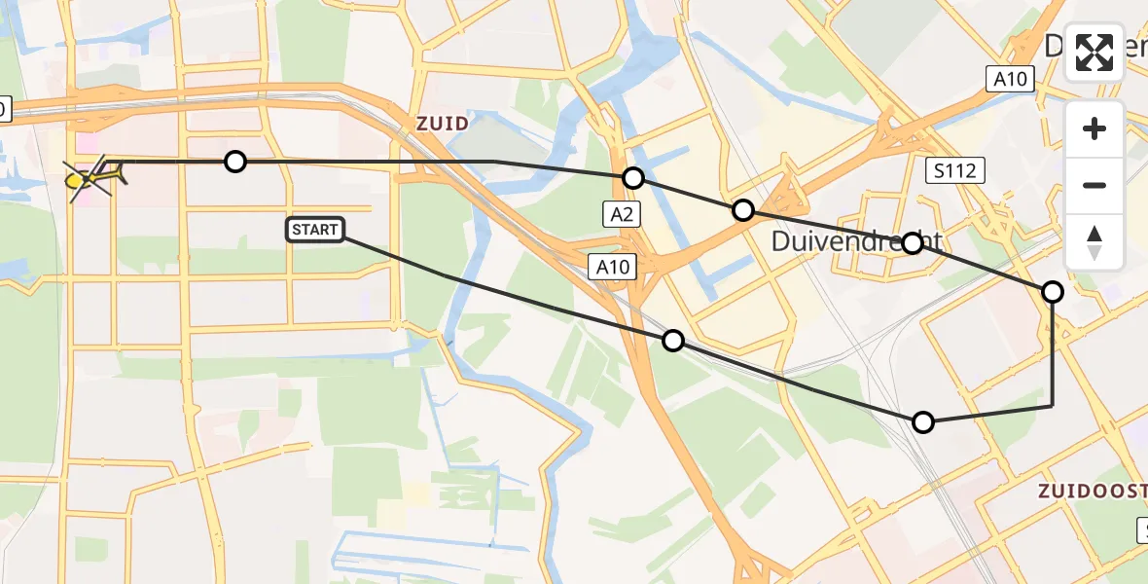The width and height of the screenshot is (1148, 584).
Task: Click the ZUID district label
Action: click(442, 124)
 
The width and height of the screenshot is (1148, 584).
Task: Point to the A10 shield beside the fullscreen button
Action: click(1011, 80)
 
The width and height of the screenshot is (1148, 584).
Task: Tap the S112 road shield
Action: click(954, 171)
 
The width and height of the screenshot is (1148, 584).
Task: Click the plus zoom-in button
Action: click(1094, 128)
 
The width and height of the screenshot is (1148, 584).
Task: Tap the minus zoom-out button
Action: click(1094, 185)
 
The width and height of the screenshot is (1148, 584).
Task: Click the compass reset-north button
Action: click(1094, 241)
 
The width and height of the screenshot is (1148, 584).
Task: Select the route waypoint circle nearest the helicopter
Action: click(235, 162)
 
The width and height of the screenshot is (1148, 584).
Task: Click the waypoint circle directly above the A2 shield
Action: click(633, 177)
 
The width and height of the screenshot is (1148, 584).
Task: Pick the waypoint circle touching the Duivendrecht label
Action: click(913, 243)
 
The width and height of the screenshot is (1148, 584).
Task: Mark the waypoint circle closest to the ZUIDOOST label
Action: click(923, 422)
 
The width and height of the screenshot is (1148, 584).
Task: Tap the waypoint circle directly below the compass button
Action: click(1053, 292)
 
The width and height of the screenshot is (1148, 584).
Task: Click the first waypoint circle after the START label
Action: click(672, 341)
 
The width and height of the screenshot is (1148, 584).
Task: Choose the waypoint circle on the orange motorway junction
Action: click(743, 210)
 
